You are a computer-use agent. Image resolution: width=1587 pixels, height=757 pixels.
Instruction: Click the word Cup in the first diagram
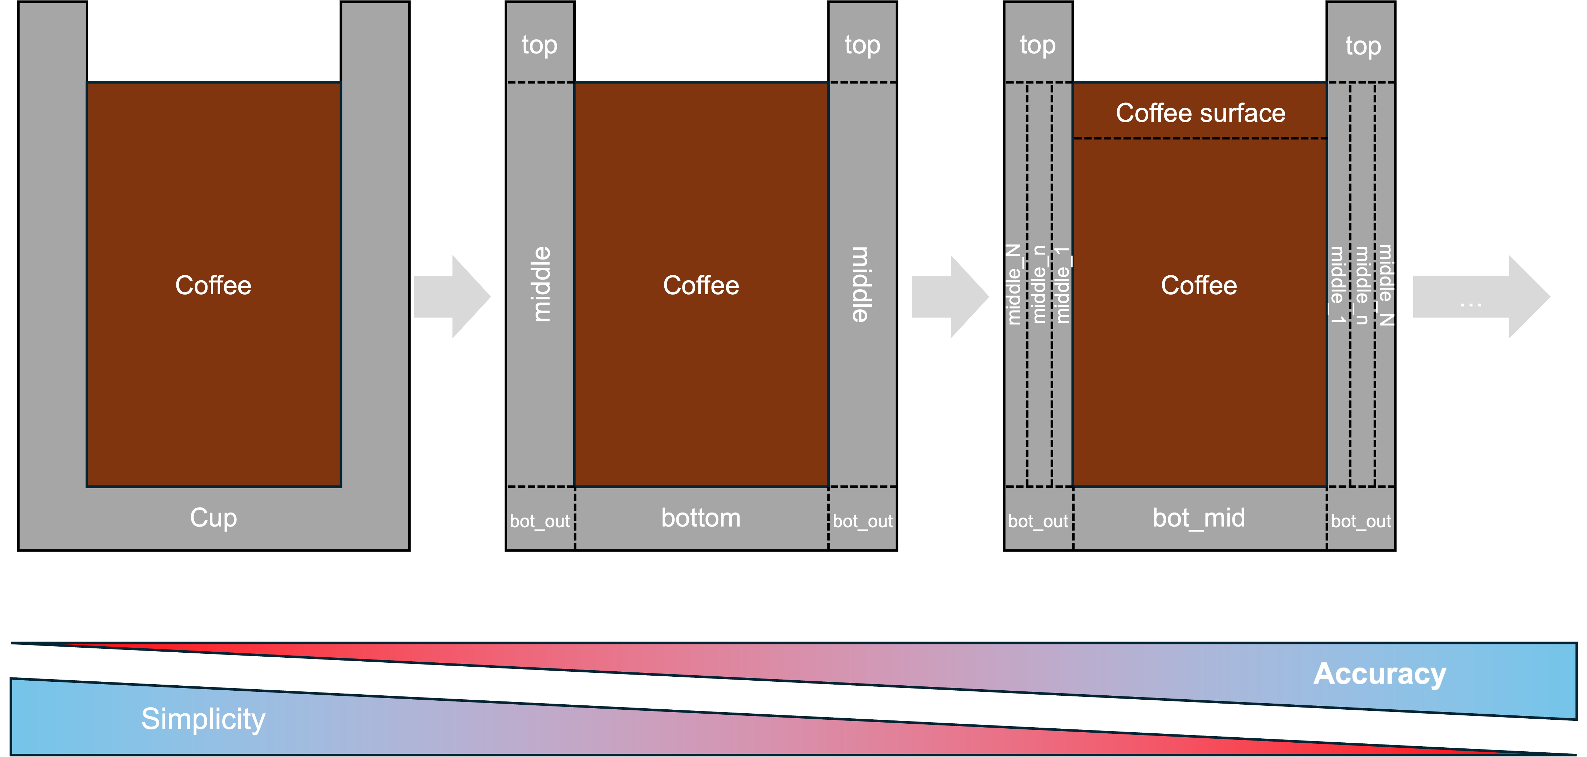tap(213, 518)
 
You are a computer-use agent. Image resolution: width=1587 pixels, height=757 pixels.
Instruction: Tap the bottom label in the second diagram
tap(700, 518)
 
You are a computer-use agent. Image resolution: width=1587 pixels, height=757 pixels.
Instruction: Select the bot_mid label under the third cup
tap(1198, 518)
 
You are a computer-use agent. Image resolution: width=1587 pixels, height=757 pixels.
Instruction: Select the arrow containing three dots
tap(1479, 297)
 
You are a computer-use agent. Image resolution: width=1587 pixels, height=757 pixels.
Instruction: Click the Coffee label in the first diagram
tap(213, 286)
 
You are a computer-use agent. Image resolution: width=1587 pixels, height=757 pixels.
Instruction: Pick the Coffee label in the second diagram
tap(700, 286)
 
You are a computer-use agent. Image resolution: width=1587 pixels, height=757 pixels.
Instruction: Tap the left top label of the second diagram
tap(539, 45)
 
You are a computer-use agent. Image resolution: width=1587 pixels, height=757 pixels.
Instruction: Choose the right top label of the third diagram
tap(1363, 46)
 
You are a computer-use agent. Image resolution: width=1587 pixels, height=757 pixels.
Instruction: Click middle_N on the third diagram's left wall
tap(1014, 285)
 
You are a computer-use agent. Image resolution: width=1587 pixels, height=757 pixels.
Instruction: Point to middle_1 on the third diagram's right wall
tap(1337, 285)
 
